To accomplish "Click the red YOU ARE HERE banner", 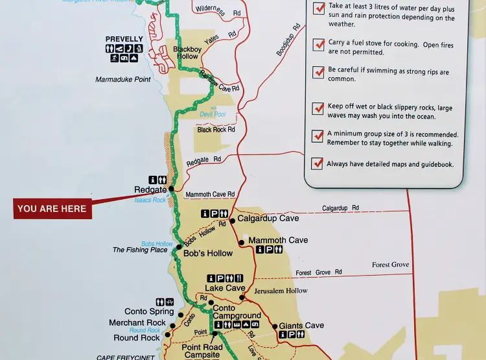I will [52, 209].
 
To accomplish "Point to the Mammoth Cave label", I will [278, 240].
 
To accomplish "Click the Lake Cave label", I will [225, 288].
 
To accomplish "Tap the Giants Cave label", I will [301, 326].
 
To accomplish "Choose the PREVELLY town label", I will [125, 39].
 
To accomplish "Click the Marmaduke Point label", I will [122, 80].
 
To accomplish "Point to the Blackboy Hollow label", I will [187, 53].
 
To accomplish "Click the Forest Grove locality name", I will [390, 265].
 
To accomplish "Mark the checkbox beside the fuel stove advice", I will [318, 45].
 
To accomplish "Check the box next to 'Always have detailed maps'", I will [318, 164].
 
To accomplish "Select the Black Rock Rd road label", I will [216, 130].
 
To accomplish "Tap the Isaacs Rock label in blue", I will [150, 200].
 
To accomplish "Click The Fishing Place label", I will [140, 250].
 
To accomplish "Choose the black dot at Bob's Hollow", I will [178, 247].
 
